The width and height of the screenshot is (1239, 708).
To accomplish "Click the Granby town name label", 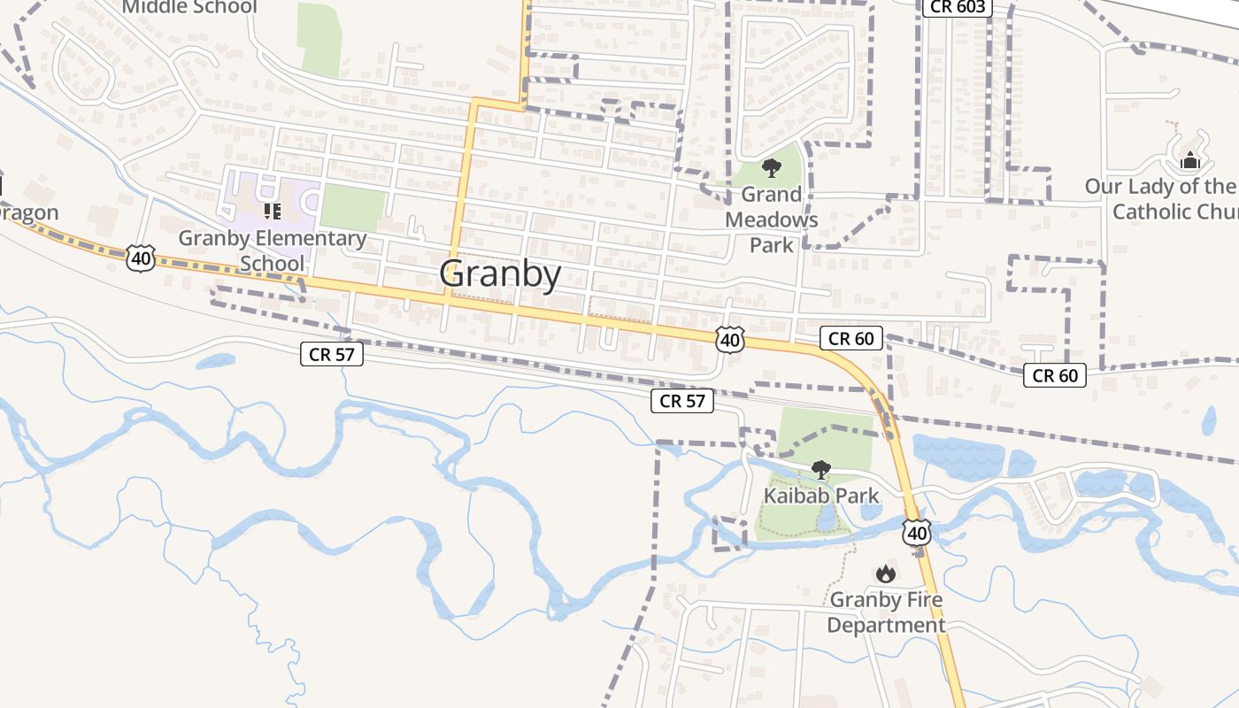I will pos(500,274).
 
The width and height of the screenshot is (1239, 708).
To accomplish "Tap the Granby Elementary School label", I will pos(273,250).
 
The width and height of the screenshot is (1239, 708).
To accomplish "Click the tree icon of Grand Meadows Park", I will pos(772,168).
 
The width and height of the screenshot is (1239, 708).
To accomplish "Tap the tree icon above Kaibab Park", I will pos(821,469).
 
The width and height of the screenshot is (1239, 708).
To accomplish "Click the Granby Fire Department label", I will pos(886,612).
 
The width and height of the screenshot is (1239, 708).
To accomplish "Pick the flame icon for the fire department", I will pos(885,574).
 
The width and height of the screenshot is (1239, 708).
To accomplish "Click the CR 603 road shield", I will pos(957,7).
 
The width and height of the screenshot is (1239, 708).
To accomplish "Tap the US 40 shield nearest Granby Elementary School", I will pos(142,258).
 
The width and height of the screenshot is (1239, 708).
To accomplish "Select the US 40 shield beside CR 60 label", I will pos(730,340).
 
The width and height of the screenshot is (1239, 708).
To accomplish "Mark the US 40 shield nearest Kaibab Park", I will pos(917,533).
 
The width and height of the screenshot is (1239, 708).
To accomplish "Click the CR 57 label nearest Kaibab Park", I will pos(682,401).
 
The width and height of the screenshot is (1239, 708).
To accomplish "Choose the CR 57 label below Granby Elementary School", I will pos(331,354).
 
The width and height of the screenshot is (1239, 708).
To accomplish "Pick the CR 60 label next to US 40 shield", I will pos(851,338).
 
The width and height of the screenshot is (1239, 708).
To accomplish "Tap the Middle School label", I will pos(189,7).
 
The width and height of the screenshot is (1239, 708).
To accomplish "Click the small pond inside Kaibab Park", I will pos(826,522).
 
